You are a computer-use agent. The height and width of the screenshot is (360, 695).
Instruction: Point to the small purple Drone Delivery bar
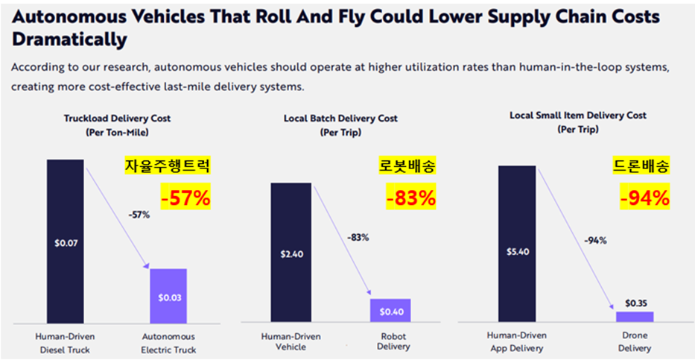tap(634, 317)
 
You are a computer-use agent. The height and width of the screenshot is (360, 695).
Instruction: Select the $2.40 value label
tap(291, 253)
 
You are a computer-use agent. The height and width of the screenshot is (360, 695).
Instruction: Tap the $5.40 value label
tap(517, 252)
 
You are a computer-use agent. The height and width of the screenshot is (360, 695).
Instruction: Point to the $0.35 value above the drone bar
tap(634, 303)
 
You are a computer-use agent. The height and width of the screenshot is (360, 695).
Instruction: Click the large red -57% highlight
tap(185, 198)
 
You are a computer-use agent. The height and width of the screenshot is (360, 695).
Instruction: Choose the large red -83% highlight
tap(410, 198)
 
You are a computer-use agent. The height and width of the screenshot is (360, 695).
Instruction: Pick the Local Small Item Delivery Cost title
tap(578, 116)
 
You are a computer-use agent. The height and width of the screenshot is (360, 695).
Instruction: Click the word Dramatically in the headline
tap(69, 39)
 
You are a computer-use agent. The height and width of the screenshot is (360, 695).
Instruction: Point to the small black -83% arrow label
tap(358, 237)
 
